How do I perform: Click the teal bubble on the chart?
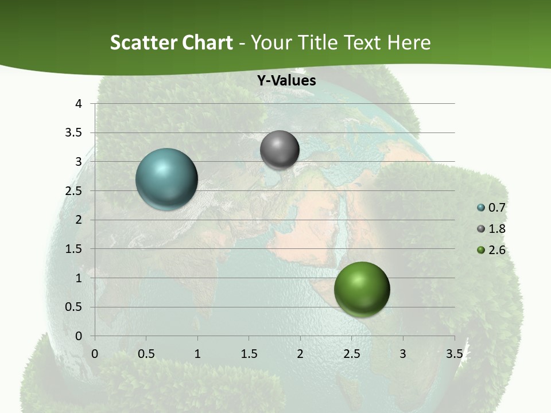click(166, 179)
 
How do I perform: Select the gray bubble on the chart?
click(280, 150)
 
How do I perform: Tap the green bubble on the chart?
click(362, 289)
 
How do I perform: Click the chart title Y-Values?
click(286, 81)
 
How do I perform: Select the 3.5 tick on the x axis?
click(454, 354)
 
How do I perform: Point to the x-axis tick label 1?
click(197, 354)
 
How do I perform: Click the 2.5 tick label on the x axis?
click(351, 354)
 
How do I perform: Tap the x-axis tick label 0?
click(95, 354)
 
